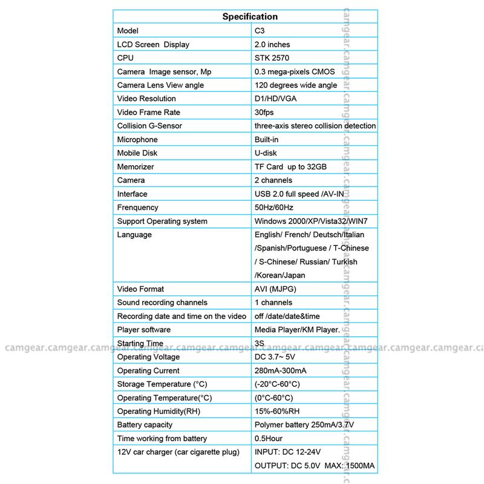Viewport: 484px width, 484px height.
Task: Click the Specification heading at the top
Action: pyautogui.click(x=250, y=16)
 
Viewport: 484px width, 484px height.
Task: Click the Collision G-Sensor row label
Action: pyautogui.click(x=149, y=126)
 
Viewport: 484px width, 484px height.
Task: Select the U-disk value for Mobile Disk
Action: pyautogui.click(x=266, y=153)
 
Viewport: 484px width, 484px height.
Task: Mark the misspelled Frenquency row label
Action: pyautogui.click(x=137, y=208)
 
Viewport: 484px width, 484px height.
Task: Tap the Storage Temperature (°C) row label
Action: pyautogui.click(x=159, y=384)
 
